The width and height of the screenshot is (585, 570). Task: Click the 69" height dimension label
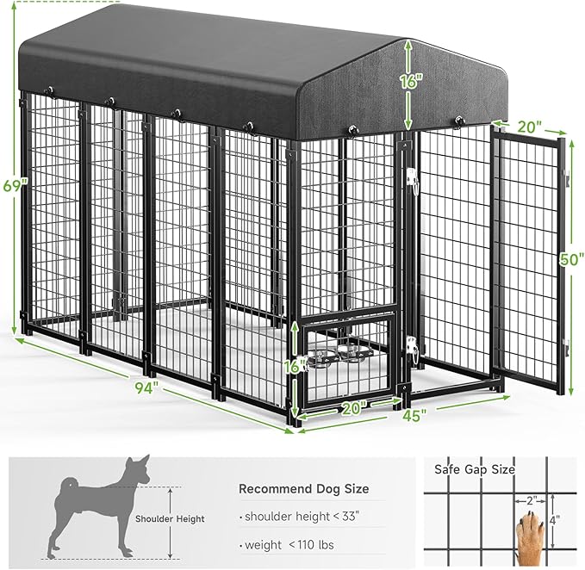[x=10, y=186]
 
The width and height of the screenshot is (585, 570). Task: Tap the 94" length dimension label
[x=146, y=387]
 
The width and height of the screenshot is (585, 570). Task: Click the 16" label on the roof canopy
[x=410, y=83]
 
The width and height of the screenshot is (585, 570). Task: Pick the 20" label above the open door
[x=529, y=126]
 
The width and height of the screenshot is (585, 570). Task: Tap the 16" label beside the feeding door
[x=298, y=364]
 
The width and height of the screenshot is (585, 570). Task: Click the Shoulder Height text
[x=170, y=518]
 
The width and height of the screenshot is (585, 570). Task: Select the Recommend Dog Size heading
[x=303, y=489]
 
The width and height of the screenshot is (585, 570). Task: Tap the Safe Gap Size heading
[x=475, y=469]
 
